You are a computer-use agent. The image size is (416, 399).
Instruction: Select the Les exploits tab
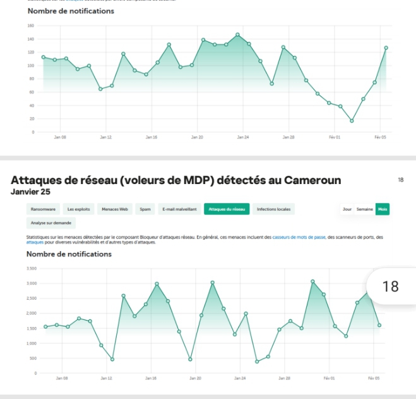[x=80, y=209]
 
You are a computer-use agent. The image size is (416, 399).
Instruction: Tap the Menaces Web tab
[x=115, y=209]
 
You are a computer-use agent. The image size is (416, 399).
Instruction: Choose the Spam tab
[x=145, y=209]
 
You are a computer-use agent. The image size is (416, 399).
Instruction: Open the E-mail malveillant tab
[x=179, y=209]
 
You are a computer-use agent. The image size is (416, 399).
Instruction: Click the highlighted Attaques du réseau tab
[x=227, y=209]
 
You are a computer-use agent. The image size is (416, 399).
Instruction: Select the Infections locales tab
[x=274, y=209]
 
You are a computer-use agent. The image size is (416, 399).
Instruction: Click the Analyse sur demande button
[x=51, y=223]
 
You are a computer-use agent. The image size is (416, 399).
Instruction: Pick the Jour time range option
[x=347, y=209]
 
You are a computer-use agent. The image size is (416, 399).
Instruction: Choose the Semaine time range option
[x=364, y=209]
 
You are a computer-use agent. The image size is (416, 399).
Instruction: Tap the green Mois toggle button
[x=382, y=209]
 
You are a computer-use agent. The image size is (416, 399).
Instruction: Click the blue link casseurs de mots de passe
[x=296, y=237]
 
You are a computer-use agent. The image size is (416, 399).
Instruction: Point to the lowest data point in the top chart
[x=352, y=121]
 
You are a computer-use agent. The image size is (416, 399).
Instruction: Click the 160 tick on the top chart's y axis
[x=30, y=26]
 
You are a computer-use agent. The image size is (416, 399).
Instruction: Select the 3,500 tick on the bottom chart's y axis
[x=32, y=269]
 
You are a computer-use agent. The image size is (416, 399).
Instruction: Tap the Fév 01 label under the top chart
[x=335, y=137]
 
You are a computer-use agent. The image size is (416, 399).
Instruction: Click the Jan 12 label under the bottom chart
[x=106, y=378]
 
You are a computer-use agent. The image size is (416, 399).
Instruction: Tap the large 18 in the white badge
[x=391, y=286]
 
